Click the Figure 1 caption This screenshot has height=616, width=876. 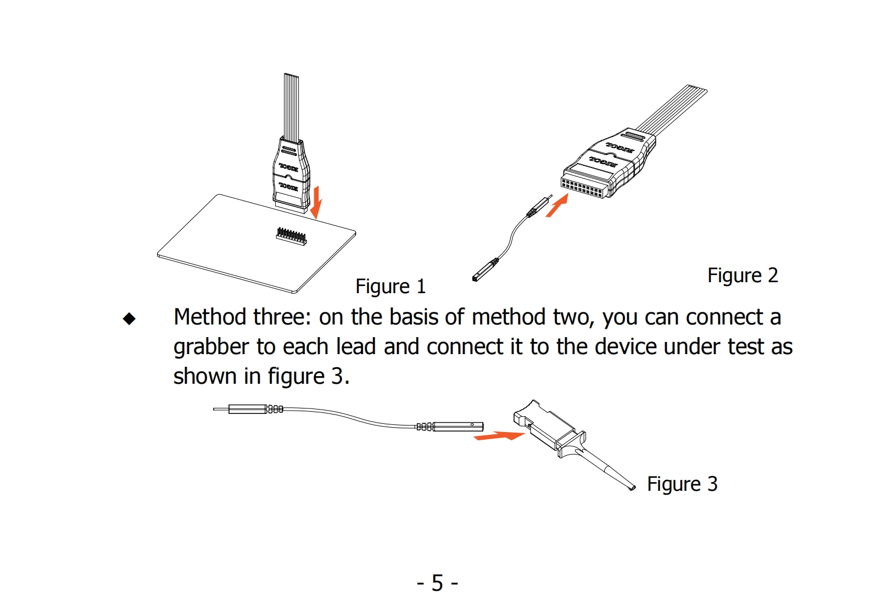click(x=390, y=287)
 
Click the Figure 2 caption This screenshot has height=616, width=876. click(x=743, y=276)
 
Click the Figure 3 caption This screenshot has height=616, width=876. click(x=682, y=484)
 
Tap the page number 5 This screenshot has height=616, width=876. click(x=437, y=583)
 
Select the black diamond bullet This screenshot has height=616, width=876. click(x=129, y=319)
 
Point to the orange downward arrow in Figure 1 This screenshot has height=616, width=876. click(x=316, y=202)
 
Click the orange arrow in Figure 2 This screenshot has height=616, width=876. click(x=556, y=207)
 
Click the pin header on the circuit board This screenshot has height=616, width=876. click(x=291, y=236)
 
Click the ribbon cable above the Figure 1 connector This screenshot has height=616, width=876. click(x=292, y=104)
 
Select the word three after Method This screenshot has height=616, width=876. click(x=281, y=317)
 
